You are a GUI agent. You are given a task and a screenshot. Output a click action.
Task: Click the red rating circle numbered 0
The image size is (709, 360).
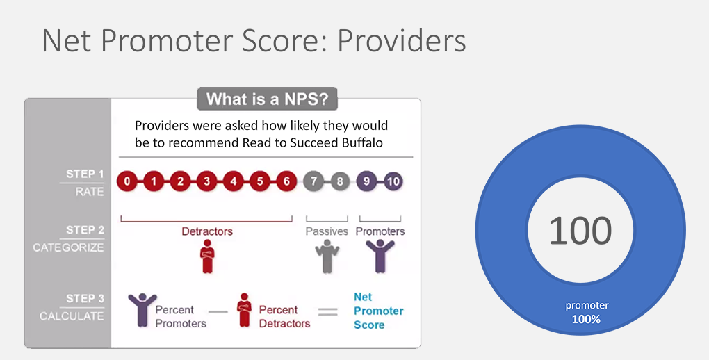coord(127,181)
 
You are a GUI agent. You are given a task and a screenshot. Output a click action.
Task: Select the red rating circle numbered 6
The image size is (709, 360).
coord(286,181)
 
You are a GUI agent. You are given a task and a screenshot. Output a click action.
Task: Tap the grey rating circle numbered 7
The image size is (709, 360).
coord(313,181)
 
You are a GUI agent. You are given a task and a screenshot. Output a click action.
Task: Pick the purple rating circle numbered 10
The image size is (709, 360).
coord(393,181)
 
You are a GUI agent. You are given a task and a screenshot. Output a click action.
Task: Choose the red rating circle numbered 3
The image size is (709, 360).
coord(206,181)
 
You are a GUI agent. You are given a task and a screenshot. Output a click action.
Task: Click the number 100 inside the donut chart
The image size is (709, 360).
coord(580,231)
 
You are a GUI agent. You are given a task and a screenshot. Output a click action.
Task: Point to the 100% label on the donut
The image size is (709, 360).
coord(586,319)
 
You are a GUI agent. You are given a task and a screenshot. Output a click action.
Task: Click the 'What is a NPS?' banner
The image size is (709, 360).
coord(267,99)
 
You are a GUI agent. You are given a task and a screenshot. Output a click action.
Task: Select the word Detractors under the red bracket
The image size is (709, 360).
coord(207,231)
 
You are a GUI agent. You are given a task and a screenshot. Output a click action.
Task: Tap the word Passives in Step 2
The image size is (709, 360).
coord(327,231)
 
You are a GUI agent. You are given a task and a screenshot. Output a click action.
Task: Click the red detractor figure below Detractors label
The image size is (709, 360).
coord(207,256)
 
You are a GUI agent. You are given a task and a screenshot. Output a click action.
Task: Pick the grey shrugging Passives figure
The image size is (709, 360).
coord(327,256)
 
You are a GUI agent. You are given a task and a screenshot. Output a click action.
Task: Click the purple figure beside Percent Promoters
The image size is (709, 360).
coord(142,310)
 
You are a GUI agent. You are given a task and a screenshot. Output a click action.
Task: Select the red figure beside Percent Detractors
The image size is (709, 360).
coord(244,310)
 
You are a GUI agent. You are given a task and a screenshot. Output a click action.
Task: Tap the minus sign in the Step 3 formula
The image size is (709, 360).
coord(218,311)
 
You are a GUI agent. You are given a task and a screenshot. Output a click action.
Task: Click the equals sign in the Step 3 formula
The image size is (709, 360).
coord(328,311)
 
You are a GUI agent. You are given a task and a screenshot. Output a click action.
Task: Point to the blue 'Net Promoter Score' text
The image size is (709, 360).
coord(378,311)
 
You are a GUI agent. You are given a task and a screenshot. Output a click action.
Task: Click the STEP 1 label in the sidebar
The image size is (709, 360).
coord(85,174)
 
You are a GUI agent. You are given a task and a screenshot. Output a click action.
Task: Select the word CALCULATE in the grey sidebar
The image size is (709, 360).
coord(72,316)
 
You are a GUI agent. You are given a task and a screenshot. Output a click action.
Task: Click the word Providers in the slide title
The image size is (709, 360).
coord(402,41)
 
